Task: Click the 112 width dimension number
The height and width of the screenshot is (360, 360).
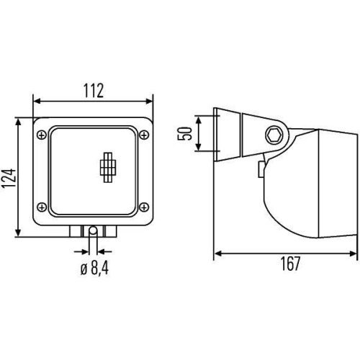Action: click(x=94, y=91)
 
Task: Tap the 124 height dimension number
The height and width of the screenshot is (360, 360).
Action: click(x=9, y=179)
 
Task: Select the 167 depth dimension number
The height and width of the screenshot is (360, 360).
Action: click(x=290, y=264)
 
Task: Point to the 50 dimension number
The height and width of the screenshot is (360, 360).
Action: click(x=185, y=133)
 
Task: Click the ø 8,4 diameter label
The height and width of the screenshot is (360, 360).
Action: click(x=94, y=269)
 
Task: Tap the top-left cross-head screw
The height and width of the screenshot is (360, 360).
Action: click(x=42, y=135)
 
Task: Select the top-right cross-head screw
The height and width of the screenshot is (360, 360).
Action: click(x=144, y=135)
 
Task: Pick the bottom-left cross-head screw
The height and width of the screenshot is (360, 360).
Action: click(x=42, y=207)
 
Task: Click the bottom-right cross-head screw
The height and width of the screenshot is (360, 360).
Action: click(x=144, y=207)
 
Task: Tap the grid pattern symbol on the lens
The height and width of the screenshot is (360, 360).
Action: click(x=108, y=167)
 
